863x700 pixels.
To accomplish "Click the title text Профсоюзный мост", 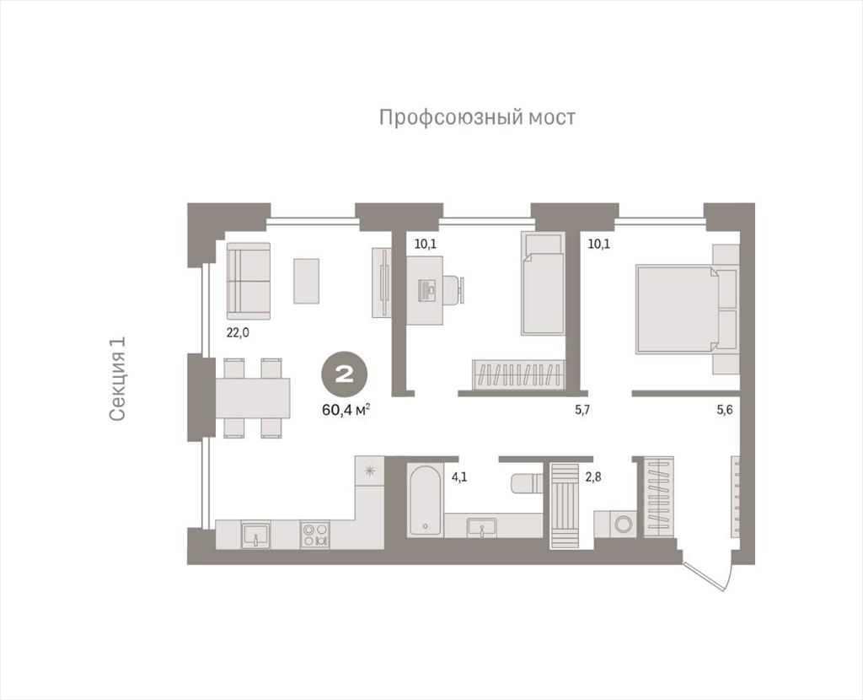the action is coord(477,118).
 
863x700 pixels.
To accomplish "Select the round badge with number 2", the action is coord(345,375).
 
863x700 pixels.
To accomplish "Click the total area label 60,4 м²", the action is coord(346,411).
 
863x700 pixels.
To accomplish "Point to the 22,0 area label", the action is coord(238,332).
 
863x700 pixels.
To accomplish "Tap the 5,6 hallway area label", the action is coord(724,410).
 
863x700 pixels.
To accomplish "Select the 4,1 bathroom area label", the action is coord(459,477).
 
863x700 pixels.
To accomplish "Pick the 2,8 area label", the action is coord(592,477).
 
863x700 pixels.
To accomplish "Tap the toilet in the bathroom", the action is coord(527,485).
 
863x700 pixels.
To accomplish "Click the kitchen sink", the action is coord(255,535).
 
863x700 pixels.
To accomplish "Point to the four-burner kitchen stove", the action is coord(316,535).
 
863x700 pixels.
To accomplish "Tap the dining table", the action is coord(253,398).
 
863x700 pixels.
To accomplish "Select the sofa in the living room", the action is coord(249,282).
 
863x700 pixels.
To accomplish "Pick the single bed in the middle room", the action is coord(544,283).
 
